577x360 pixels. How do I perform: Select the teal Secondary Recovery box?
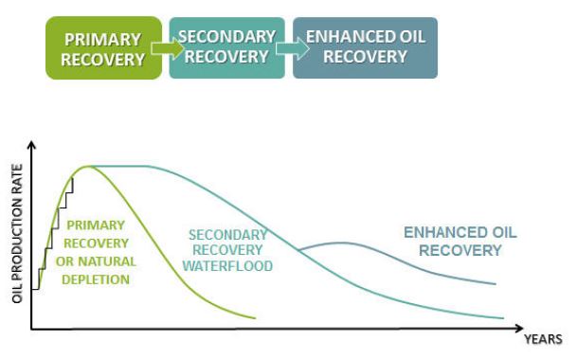coord(226,47)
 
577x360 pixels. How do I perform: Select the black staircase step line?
coord(55,228)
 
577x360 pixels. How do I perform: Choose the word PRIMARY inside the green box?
coord(102,40)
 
